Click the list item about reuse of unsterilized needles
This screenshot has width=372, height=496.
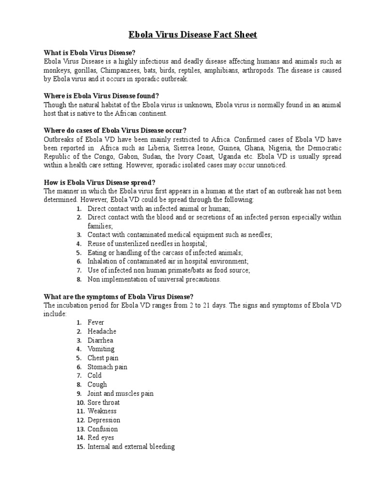coord(147,244)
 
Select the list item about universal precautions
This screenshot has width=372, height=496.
coord(154,279)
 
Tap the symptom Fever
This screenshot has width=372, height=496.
coord(95,323)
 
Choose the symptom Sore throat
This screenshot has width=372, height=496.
coord(103,403)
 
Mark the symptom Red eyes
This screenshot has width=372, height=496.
coord(101,438)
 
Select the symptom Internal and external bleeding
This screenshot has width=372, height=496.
coord(131,447)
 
